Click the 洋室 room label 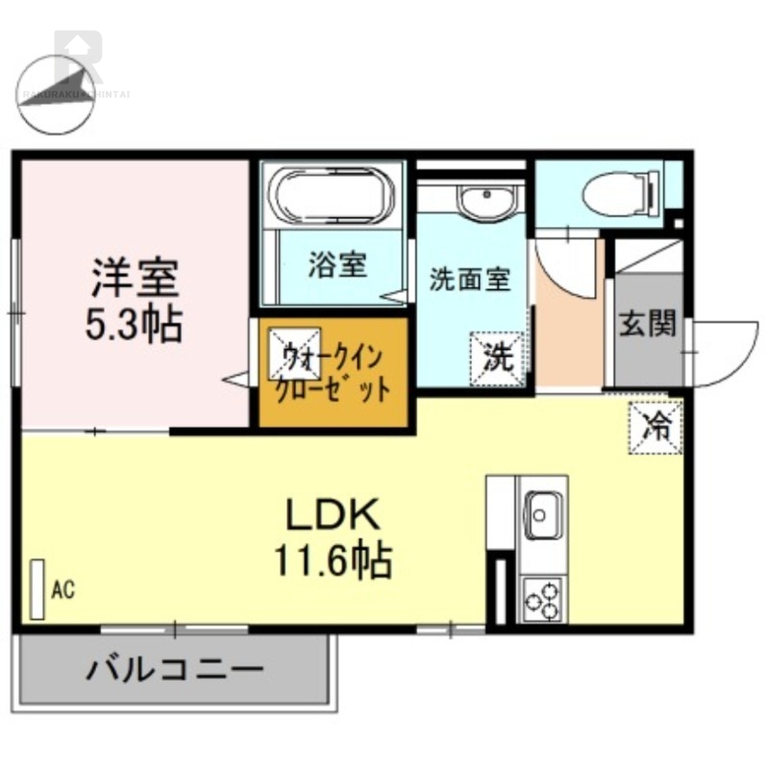click(x=135, y=279)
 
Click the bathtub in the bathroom click(x=332, y=196)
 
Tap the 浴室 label click(x=338, y=265)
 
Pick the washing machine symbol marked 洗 click(x=497, y=359)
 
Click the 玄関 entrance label click(x=647, y=324)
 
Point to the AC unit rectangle click(x=38, y=588)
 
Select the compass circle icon click(x=56, y=94)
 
